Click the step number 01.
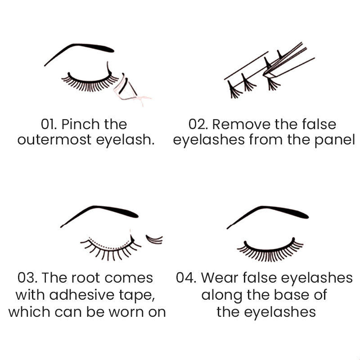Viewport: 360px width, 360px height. point(49,124)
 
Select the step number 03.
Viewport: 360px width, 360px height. point(27,278)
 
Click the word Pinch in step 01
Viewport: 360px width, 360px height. point(81,124)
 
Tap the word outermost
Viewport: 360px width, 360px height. point(54,140)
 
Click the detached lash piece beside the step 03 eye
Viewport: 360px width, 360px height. point(154,239)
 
